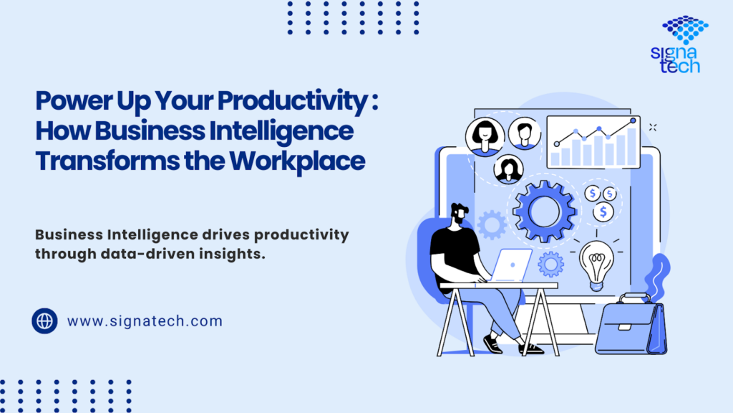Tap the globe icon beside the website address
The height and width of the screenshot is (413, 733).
click(x=45, y=321)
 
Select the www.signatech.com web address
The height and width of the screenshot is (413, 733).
click(x=145, y=321)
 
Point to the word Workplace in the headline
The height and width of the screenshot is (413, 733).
click(x=297, y=161)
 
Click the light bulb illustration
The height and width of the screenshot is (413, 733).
click(x=596, y=265)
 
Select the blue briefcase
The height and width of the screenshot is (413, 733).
click(x=631, y=325)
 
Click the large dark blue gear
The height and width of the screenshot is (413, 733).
click(x=544, y=212)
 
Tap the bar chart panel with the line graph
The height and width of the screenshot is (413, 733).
click(x=593, y=142)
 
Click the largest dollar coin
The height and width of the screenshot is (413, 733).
click(x=603, y=212)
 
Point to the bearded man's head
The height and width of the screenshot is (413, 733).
click(x=460, y=214)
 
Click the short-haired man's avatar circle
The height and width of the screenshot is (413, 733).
click(x=525, y=133)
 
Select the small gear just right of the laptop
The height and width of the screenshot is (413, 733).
click(x=550, y=265)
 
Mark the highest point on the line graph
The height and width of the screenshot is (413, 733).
click(x=633, y=120)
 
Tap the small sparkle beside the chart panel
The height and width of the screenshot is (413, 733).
click(x=653, y=128)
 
